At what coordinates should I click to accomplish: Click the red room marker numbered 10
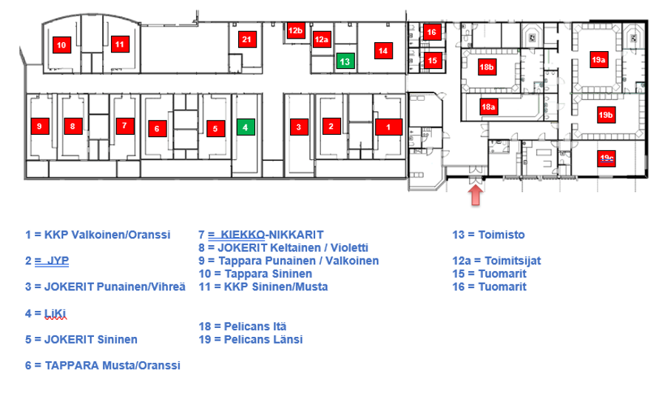click(61, 45)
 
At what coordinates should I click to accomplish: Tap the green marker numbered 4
click(243, 127)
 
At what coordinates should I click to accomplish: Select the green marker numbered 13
click(344, 61)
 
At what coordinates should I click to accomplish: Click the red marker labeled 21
click(247, 39)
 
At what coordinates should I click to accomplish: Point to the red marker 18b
click(486, 67)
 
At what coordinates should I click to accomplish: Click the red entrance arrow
click(476, 195)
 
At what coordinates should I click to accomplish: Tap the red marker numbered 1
click(388, 127)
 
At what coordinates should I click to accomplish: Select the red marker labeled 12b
click(296, 30)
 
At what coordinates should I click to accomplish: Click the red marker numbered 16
click(432, 32)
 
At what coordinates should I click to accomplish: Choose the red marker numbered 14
click(382, 50)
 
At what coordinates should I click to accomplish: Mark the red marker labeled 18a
click(487, 107)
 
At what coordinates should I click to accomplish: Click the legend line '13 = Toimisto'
click(488, 235)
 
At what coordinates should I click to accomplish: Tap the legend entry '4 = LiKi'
click(46, 314)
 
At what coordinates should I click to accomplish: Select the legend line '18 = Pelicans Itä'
click(243, 327)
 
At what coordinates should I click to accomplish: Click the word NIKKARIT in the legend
click(296, 235)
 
